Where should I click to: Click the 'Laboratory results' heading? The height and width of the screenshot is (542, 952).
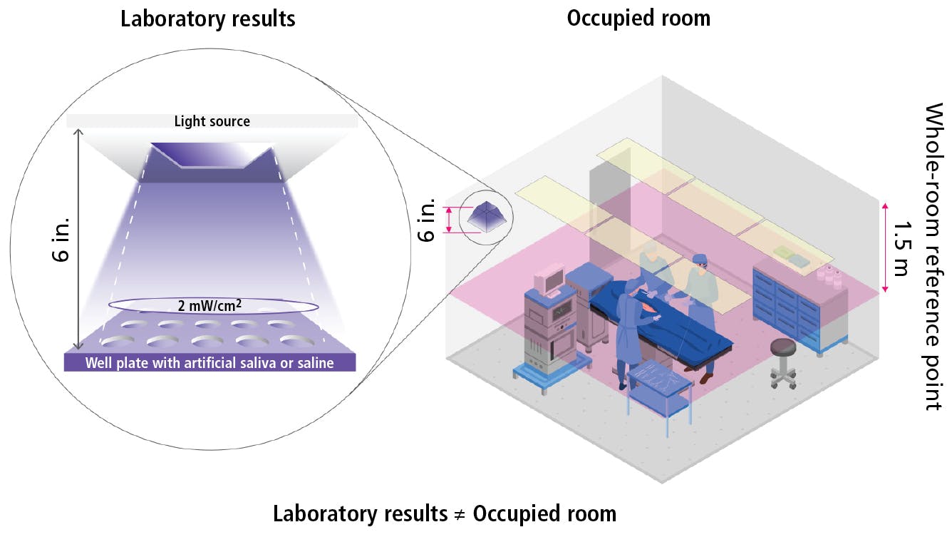[x=207, y=19]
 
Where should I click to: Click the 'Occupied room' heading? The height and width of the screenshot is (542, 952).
[x=638, y=18]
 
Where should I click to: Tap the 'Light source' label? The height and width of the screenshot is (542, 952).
[x=212, y=121]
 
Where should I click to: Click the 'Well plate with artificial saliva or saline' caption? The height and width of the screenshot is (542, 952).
[x=209, y=363]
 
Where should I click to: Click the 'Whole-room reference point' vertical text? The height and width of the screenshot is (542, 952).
[x=933, y=257]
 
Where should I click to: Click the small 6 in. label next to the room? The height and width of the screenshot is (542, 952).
[x=426, y=222]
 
